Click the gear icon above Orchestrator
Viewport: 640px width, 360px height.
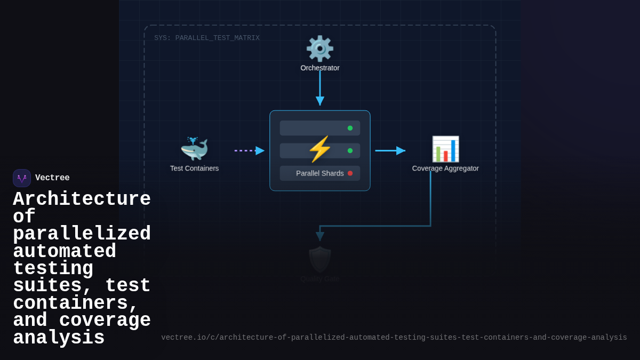tap(319, 49)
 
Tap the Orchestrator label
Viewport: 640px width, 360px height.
tap(319, 68)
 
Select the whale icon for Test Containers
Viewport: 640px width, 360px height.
tap(194, 149)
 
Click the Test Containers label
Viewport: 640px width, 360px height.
tap(194, 169)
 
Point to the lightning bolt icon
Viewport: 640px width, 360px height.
tap(319, 149)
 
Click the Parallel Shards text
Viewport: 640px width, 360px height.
tap(319, 173)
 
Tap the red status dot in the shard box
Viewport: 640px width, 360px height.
tap(350, 173)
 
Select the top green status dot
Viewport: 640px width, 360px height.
tap(350, 128)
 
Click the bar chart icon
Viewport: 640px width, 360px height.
tap(445, 149)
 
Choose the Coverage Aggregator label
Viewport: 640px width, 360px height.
tap(445, 169)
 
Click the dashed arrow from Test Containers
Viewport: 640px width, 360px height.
tap(249, 150)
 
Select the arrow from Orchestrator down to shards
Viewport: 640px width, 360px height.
tap(319, 88)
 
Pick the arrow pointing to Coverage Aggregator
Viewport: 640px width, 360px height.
tap(390, 150)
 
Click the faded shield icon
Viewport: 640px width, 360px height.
tap(319, 259)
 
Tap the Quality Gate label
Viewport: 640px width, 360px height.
tap(319, 279)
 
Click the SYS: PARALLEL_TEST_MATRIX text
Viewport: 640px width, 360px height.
tap(207, 38)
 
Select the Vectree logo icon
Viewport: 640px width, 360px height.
tap(22, 178)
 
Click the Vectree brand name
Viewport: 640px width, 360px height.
tap(52, 178)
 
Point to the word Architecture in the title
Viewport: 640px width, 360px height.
tap(82, 199)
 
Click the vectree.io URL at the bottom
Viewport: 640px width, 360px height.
tap(394, 338)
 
